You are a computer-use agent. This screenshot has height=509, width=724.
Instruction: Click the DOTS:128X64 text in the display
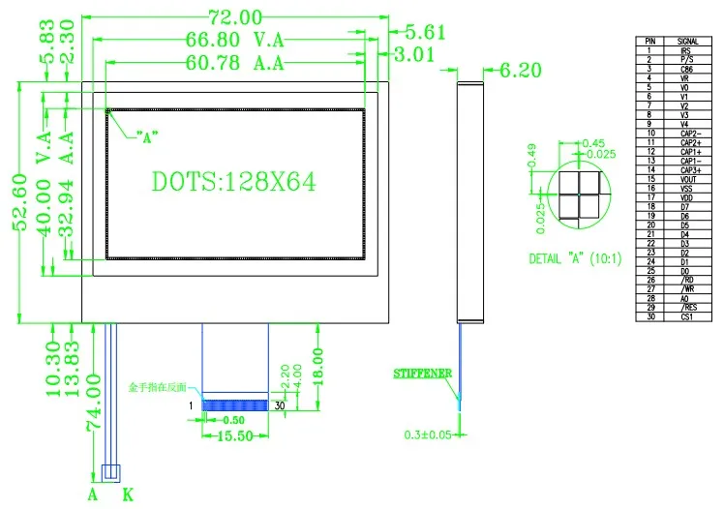[x=234, y=181]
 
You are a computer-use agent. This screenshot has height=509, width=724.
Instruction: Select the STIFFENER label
[x=422, y=373]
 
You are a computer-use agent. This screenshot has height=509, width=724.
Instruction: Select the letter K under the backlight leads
[x=128, y=495]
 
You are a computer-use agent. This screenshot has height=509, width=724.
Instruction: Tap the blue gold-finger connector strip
[x=233, y=404]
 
